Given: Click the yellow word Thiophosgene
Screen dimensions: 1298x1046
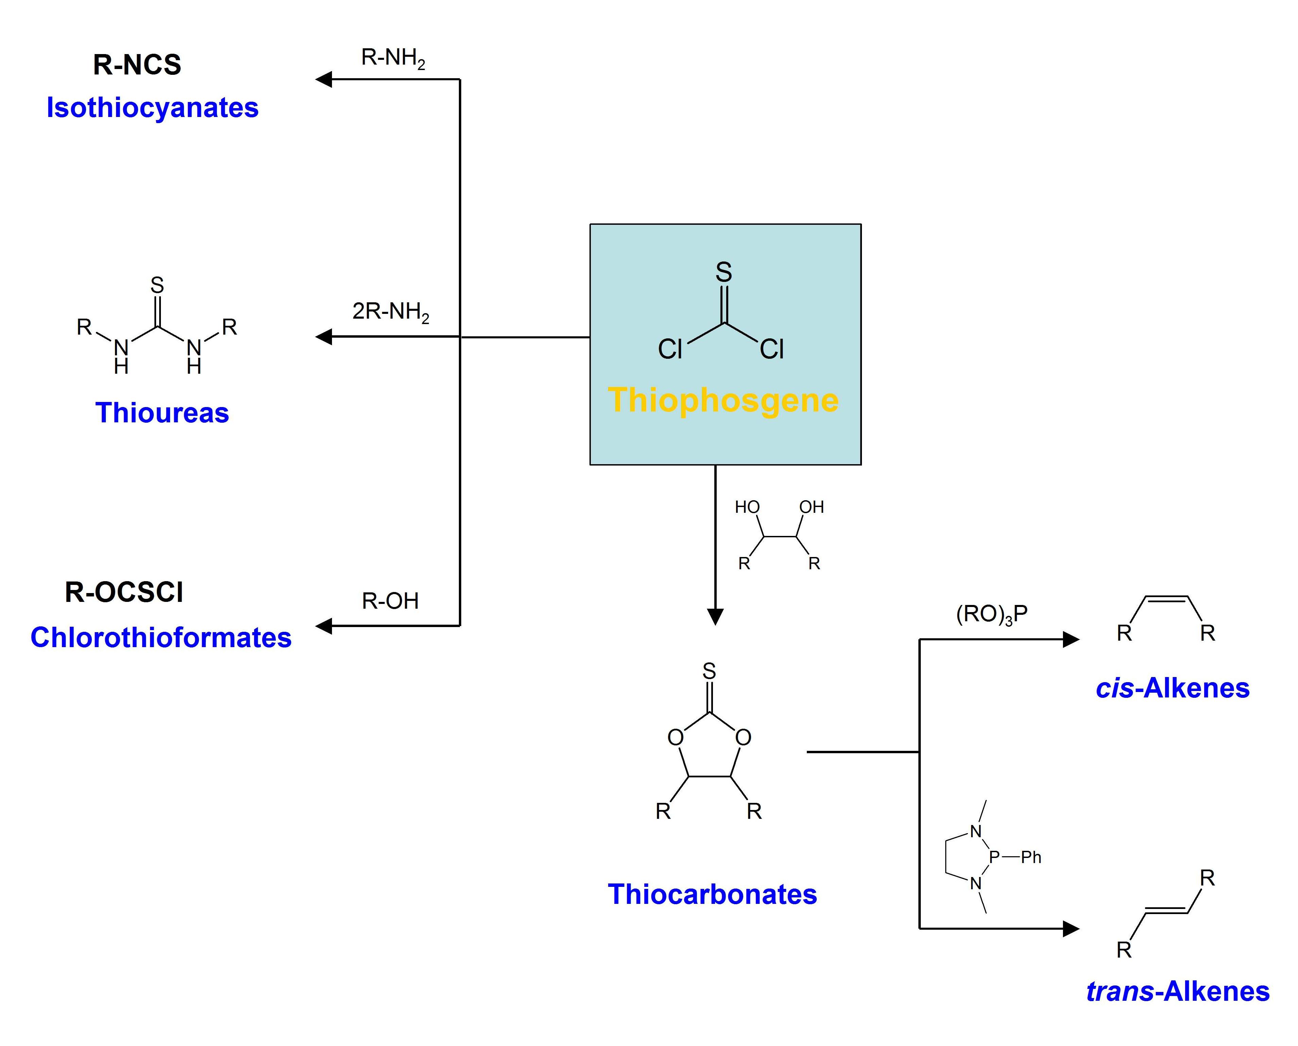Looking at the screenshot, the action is coord(723,401).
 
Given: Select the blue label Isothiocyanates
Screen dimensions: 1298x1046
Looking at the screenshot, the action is coord(152,108).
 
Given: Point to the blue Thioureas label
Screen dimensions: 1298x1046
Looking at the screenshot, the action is coord(162,413).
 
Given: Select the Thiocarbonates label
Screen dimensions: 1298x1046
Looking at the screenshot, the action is coord(712,894).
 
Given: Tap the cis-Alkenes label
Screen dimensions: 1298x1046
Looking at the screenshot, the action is coord(1173,688).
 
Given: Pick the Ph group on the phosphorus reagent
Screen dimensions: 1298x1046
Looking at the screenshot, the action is coord(1031,857).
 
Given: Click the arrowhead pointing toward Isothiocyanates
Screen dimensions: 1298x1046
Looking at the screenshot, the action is coord(323,79).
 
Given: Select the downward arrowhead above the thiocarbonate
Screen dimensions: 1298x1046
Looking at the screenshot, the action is coord(715,617).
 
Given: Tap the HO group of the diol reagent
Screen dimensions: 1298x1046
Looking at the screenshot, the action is coord(747,507).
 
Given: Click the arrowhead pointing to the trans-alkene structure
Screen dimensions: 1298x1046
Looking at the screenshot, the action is coord(1071,928).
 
